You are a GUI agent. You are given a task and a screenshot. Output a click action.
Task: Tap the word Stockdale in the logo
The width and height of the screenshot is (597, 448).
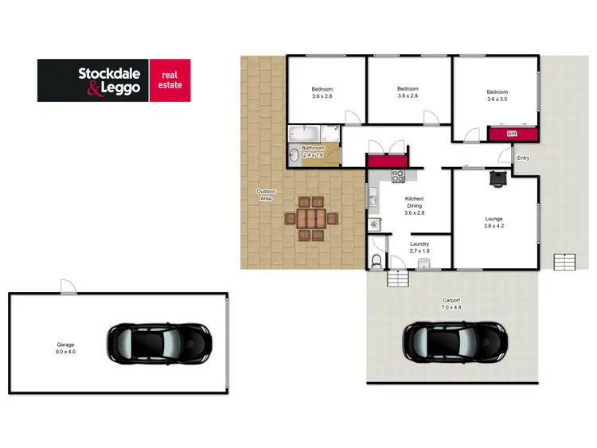(x=109, y=73)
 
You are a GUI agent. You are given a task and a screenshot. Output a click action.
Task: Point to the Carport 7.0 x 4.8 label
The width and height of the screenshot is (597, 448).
(x=451, y=303)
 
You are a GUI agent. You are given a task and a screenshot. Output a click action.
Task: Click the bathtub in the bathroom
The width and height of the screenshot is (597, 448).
(x=302, y=133)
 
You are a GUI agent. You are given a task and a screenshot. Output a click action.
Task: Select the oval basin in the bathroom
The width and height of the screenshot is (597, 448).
(x=293, y=155)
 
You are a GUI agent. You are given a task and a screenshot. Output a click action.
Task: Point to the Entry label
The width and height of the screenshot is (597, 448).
(x=523, y=158)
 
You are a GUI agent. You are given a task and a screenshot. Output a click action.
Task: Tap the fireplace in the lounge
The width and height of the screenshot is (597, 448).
(x=497, y=179)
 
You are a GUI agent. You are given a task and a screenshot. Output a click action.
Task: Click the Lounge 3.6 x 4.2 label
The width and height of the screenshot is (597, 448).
(x=494, y=222)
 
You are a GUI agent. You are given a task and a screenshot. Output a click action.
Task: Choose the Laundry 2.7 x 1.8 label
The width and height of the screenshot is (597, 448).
(x=419, y=247)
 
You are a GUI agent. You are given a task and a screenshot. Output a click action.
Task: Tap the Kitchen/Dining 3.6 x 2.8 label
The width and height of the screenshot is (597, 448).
(x=415, y=205)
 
